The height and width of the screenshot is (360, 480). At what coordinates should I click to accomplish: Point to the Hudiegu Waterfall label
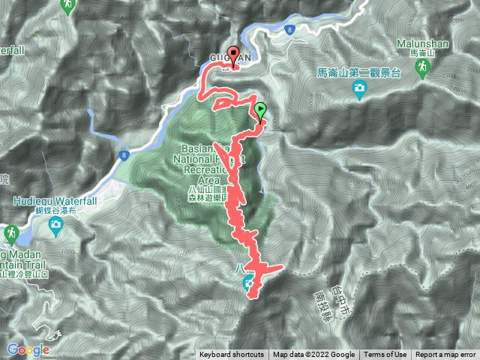pos(51,201)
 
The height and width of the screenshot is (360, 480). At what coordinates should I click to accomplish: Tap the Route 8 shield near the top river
pos(289,29)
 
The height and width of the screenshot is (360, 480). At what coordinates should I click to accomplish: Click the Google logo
pos(28,349)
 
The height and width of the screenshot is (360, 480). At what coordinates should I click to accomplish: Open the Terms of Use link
pos(386,355)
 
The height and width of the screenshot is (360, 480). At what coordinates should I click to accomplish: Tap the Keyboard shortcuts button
pos(231,355)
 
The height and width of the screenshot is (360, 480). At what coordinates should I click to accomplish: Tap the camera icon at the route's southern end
pos(248,282)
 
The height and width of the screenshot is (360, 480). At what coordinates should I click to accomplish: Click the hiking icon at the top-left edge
pos(68,5)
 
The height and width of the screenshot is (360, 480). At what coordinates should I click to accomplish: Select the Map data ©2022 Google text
pos(313,355)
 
